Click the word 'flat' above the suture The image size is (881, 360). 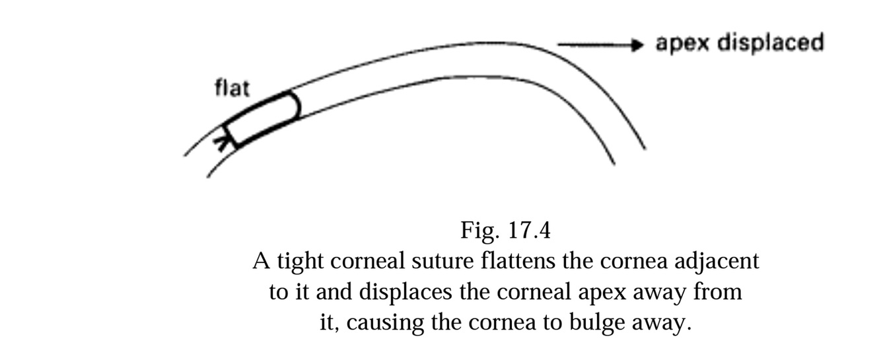pos(232,88)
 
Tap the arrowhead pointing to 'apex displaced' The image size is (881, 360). pos(637,45)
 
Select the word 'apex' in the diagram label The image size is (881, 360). pos(683,44)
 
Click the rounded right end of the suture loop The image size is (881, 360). pos(297,105)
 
